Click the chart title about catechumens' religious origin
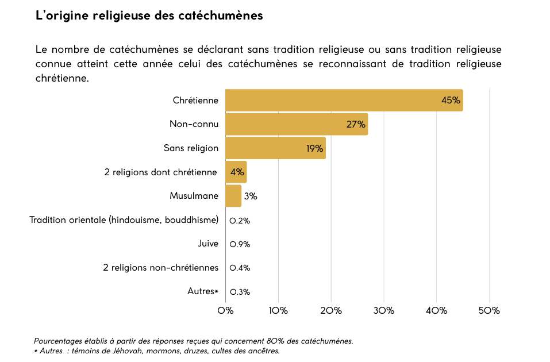pyautogui.click(x=149, y=16)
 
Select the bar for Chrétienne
pyautogui.click(x=344, y=100)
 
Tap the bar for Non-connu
pyautogui.click(x=296, y=124)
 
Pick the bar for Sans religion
pyautogui.click(x=275, y=148)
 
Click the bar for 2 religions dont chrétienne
pyautogui.click(x=236, y=172)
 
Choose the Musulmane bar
pyautogui.click(x=233, y=195)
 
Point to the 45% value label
pyautogui.click(x=451, y=101)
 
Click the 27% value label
pyautogui.click(x=356, y=125)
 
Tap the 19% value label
pyautogui.click(x=314, y=148)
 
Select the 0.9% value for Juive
pyautogui.click(x=240, y=244)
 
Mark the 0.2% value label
pyautogui.click(x=240, y=221)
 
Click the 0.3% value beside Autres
pyautogui.click(x=240, y=292)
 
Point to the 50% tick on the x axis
pyautogui.click(x=489, y=311)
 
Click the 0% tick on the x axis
pyautogui.click(x=225, y=311)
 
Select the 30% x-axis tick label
pyautogui.click(x=383, y=311)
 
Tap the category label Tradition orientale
pyautogui.click(x=124, y=219)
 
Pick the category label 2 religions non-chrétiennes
pyautogui.click(x=161, y=268)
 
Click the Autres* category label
pyautogui.click(x=203, y=291)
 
